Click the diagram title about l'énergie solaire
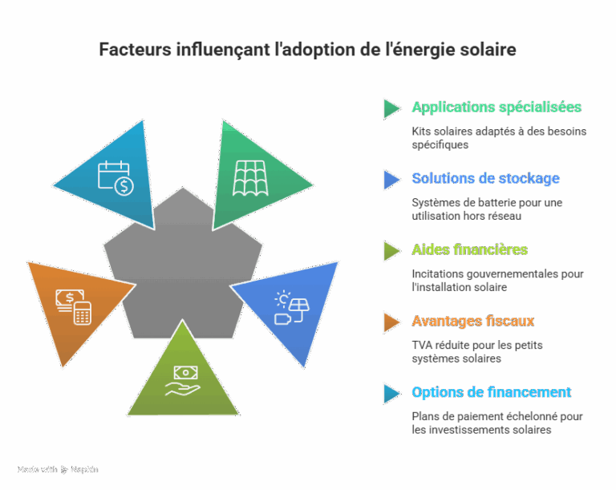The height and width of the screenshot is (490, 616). coord(307,50)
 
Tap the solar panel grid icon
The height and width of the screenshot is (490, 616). coord(251,177)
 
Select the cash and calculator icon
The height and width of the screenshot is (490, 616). coord(73,306)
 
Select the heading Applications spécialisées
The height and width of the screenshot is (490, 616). coord(496,107)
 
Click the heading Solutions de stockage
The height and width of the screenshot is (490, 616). coord(485,178)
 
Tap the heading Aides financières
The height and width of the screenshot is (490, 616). coord(469,249)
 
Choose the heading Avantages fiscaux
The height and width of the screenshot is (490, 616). coord(473,321)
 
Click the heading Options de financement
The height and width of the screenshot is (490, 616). coord(491,392)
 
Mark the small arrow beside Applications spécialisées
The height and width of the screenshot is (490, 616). coord(391,108)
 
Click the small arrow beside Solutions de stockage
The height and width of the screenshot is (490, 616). coord(391,179)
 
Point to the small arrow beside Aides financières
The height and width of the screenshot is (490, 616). coord(391,250)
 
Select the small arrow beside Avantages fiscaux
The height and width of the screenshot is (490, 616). coord(391,322)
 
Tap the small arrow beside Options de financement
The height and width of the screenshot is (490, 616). coord(391,393)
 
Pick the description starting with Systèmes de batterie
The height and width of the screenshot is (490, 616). coord(487,209)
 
